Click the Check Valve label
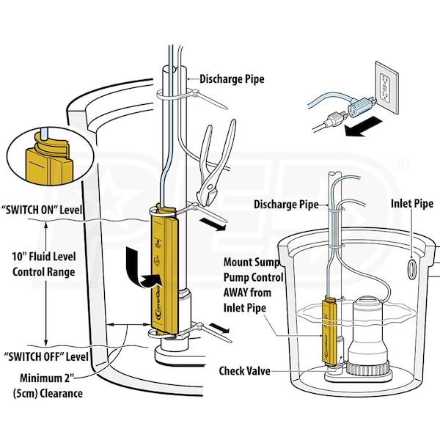click(246, 371)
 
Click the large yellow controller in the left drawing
click(165, 271)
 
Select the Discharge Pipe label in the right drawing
click(285, 204)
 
